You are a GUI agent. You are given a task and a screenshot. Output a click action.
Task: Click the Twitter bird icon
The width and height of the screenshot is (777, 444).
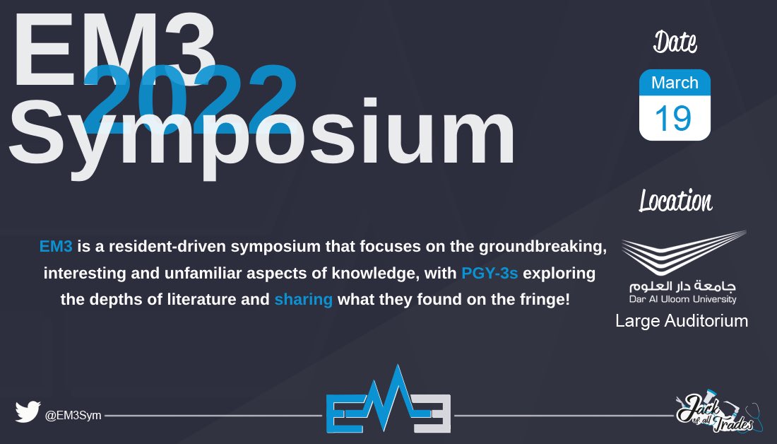pyautogui.click(x=28, y=411)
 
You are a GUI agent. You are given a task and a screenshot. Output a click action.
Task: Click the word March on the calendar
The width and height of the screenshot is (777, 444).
pyautogui.click(x=675, y=83)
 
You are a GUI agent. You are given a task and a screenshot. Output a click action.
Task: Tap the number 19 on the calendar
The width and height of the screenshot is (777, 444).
pyautogui.click(x=673, y=118)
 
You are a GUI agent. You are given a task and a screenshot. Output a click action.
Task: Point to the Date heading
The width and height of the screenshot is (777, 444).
pyautogui.click(x=675, y=42)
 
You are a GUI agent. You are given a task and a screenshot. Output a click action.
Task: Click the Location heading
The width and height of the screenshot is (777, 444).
pyautogui.click(x=675, y=201)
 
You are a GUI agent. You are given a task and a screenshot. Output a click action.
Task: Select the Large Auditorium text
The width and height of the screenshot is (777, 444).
pyautogui.click(x=681, y=321)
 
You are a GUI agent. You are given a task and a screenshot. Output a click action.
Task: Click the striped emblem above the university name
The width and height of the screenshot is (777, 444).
pyautogui.click(x=683, y=255)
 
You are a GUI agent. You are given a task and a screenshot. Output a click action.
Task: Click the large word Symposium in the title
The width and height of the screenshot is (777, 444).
pyautogui.click(x=261, y=134)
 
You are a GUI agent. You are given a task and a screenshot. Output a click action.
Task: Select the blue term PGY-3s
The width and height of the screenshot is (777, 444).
pyautogui.click(x=490, y=273)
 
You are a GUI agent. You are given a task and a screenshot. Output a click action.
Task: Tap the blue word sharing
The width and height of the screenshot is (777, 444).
pyautogui.click(x=303, y=299)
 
